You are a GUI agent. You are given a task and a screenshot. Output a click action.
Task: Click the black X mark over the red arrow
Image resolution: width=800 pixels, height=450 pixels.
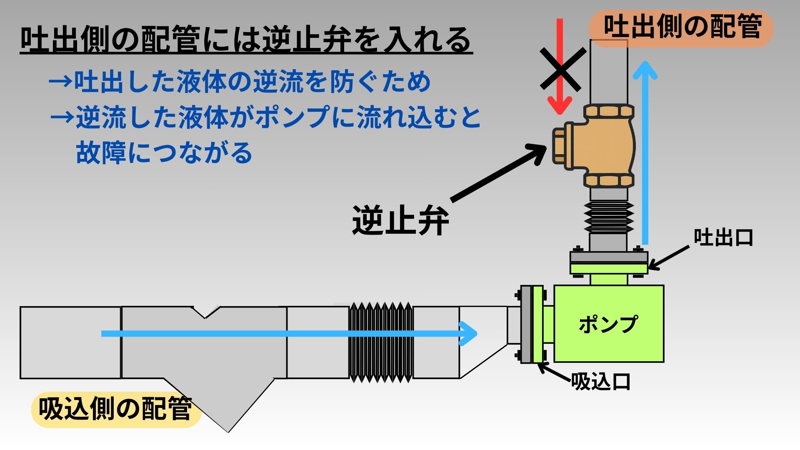click(x=560, y=70)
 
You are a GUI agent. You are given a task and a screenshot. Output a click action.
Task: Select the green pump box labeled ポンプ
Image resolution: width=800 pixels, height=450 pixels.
click(x=608, y=323)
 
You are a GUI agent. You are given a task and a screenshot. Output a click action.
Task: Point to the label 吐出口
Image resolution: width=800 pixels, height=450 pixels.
click(x=723, y=237)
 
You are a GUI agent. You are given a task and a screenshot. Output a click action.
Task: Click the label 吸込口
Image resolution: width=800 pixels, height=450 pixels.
click(x=600, y=381)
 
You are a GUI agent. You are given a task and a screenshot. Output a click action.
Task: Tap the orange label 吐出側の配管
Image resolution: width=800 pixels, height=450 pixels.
click(x=682, y=27)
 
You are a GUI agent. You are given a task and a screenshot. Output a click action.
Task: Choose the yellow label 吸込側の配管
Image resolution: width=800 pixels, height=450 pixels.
click(x=116, y=409)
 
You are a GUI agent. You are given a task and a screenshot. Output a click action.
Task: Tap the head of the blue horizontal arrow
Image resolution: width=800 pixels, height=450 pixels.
click(x=469, y=333)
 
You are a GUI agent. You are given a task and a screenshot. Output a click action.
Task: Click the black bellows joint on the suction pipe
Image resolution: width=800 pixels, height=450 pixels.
click(x=381, y=342)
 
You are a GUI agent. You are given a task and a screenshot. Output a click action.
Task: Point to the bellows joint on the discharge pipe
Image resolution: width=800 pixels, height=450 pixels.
click(x=608, y=217)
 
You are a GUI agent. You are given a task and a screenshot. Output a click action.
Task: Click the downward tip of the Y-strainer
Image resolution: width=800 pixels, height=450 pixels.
click(x=227, y=429)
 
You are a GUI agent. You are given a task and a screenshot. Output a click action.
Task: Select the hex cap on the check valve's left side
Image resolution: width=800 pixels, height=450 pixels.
click(x=558, y=146)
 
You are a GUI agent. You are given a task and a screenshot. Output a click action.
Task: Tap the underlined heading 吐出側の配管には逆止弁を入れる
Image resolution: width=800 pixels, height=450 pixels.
click(x=246, y=40)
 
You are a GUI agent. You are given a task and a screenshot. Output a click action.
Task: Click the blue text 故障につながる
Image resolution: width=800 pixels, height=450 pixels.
click(x=164, y=152)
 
